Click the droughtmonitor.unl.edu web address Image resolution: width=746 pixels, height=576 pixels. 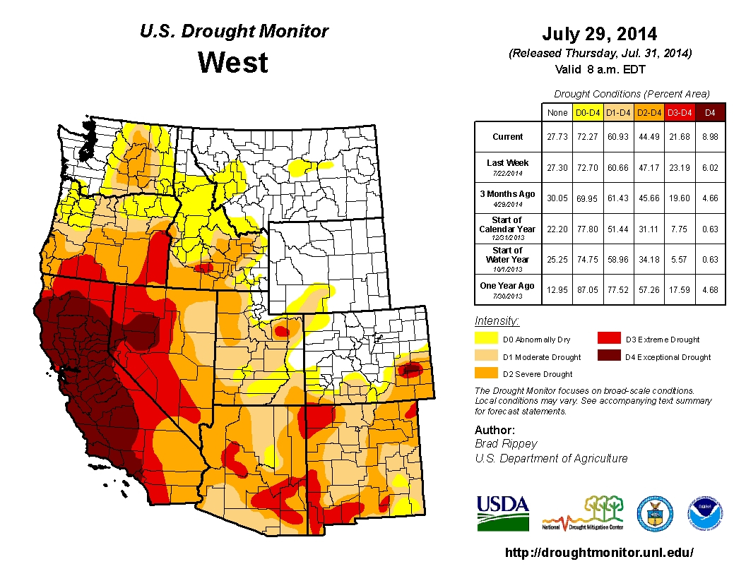coord(599,553)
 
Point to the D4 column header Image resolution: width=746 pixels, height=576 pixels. coord(711,112)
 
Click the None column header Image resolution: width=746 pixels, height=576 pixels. coord(557,112)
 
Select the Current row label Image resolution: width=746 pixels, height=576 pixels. coord(508,137)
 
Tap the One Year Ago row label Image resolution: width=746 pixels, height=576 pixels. coord(508,286)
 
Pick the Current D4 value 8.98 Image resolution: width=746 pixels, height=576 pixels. coord(711,137)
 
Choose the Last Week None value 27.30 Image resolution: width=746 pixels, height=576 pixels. coord(557,167)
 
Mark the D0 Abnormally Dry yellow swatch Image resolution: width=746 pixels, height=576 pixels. coord(486,340)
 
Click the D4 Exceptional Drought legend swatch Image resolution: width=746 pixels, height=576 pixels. coord(609,356)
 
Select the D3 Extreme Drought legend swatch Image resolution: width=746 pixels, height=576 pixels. coord(609,340)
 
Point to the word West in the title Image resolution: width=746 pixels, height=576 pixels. coord(233,63)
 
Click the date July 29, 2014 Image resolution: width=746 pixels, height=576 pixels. coord(600,34)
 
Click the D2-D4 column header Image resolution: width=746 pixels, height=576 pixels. coord(649,112)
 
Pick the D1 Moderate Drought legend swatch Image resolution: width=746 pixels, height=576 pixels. coord(486,356)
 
